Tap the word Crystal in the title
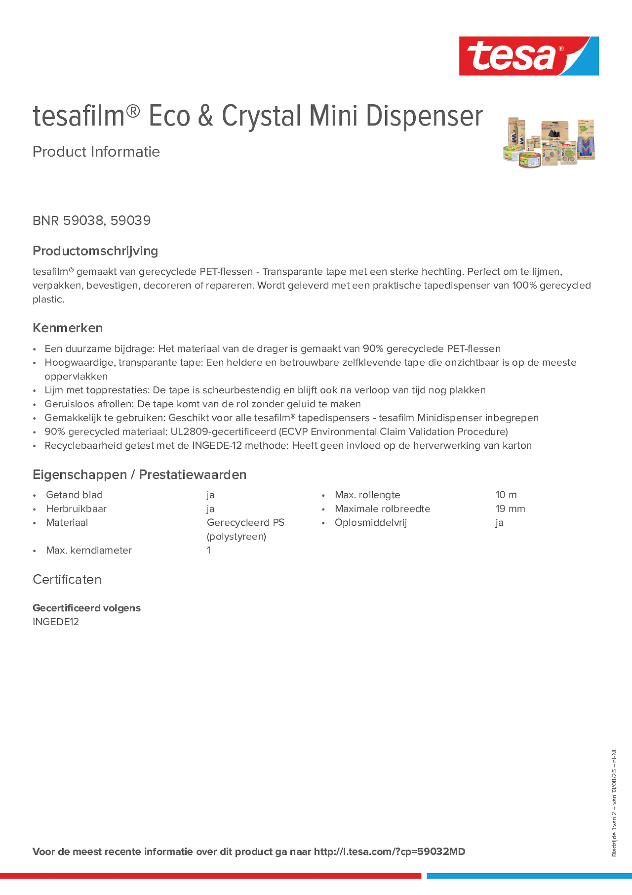(x=261, y=116)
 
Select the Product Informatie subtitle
(x=96, y=152)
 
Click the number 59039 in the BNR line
(x=130, y=220)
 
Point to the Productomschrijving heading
(x=95, y=251)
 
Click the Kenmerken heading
(x=67, y=328)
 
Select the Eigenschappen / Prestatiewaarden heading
(x=139, y=474)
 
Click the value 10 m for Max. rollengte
(x=506, y=495)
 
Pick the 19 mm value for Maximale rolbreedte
(x=510, y=509)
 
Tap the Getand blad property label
(x=74, y=495)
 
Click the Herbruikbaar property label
(x=76, y=509)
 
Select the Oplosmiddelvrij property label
(x=370, y=523)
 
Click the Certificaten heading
(x=67, y=579)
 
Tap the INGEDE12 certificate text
(x=55, y=622)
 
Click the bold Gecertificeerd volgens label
(x=86, y=608)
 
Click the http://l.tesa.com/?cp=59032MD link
(x=389, y=851)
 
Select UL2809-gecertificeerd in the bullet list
(x=223, y=432)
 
